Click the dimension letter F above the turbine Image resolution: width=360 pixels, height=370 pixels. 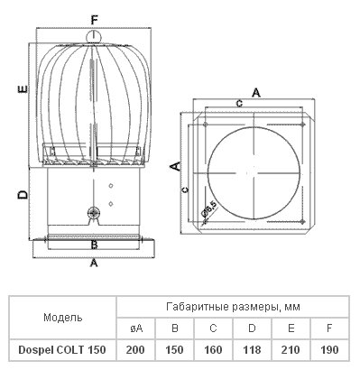tap(95, 21)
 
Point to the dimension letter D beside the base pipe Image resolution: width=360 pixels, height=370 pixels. tap(23, 195)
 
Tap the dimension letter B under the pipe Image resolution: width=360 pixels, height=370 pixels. tap(94, 245)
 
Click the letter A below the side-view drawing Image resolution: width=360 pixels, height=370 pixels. tap(94, 263)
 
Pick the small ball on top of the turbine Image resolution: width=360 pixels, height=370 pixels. tap(94, 37)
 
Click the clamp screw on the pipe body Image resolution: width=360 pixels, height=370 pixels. tap(94, 213)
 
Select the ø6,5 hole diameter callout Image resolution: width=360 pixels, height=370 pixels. tap(208, 209)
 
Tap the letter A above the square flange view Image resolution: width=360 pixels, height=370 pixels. tap(256, 93)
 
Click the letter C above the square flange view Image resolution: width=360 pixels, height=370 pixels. tap(239, 104)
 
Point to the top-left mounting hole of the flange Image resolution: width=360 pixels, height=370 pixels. tap(206, 124)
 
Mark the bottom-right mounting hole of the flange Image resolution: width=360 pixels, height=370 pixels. tap(302, 222)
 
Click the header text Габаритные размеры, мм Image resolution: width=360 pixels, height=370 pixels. tap(233, 307)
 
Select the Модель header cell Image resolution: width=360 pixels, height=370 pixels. tap(63, 318)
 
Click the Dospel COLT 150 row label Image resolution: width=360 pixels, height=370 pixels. tap(62, 350)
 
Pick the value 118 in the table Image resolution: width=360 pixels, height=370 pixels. tap(252, 350)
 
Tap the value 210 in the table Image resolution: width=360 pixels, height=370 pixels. tap(291, 350)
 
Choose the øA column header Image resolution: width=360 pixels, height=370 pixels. tap(136, 328)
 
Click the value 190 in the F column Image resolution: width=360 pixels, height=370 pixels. tap(329, 350)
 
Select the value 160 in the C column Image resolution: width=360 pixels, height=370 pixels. tap(213, 350)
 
